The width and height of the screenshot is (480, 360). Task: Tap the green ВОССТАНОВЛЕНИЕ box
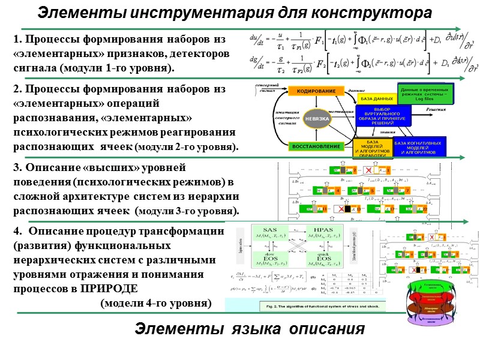314,146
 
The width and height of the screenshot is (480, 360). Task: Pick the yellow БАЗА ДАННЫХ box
376,98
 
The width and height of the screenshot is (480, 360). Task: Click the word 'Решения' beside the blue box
436,110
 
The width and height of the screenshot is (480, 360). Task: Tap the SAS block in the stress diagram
271,235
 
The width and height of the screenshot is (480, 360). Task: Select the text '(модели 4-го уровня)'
156,303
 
